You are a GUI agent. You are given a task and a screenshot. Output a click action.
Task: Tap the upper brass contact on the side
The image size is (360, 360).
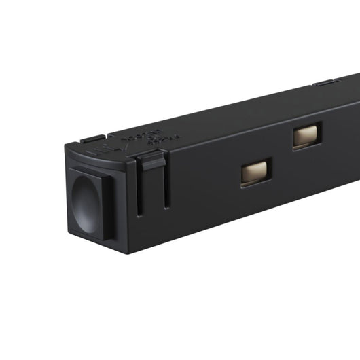307,135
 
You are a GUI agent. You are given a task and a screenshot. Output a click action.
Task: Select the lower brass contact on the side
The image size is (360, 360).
256,172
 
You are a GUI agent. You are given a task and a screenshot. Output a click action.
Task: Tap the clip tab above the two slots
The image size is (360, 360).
151,162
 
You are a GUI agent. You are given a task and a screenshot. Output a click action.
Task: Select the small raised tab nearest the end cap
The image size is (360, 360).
93,139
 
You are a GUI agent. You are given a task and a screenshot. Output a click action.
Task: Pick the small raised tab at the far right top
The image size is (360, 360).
326,83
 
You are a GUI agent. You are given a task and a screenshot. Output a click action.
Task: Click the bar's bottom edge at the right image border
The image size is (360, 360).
358,181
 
